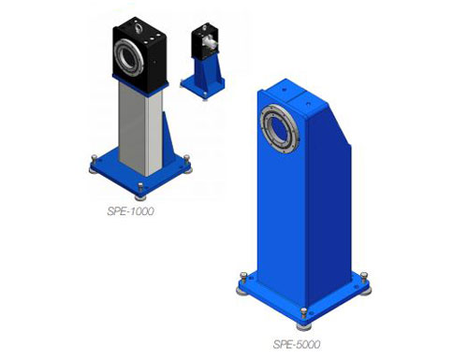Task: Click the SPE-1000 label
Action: click(130, 211)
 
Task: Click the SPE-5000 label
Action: click(297, 344)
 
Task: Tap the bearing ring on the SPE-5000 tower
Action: click(280, 128)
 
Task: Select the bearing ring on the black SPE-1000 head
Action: click(128, 58)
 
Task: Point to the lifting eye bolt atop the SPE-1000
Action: click(138, 28)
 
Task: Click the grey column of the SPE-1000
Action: click(141, 128)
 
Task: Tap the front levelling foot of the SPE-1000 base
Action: click(140, 192)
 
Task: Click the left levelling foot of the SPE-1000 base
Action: click(94, 165)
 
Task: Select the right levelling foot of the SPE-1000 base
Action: click(187, 164)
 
